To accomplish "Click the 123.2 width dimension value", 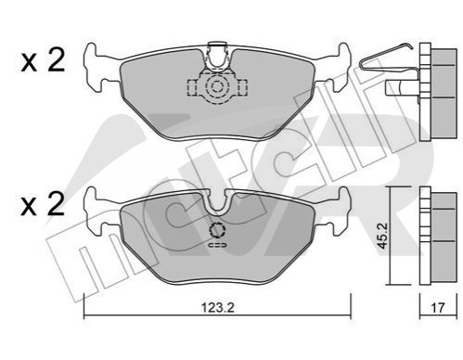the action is tap(218, 307).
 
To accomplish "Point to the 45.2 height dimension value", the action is tap(383, 236).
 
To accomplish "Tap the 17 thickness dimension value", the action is tap(437, 307).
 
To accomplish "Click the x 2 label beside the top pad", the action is tap(43, 61).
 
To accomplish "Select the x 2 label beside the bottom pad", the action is tap(43, 204).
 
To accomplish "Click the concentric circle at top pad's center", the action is tap(216, 87).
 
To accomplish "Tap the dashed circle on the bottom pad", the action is tap(217, 230).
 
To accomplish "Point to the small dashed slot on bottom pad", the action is tap(218, 245).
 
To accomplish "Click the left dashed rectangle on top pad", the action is tap(192, 87).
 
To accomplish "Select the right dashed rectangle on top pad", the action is tap(242, 87).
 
